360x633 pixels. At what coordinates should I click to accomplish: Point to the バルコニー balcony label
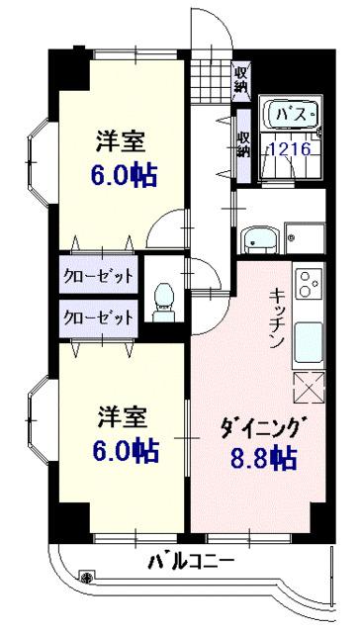click(x=192, y=563)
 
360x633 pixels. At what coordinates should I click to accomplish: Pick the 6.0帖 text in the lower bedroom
click(x=125, y=450)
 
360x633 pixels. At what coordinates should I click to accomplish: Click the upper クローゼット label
click(x=99, y=274)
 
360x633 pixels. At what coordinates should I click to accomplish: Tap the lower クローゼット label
click(x=99, y=317)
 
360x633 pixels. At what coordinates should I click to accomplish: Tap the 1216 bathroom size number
click(x=290, y=149)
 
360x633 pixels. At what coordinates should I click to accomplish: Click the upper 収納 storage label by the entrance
click(x=241, y=78)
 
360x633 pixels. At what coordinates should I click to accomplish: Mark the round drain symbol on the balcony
click(x=88, y=577)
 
